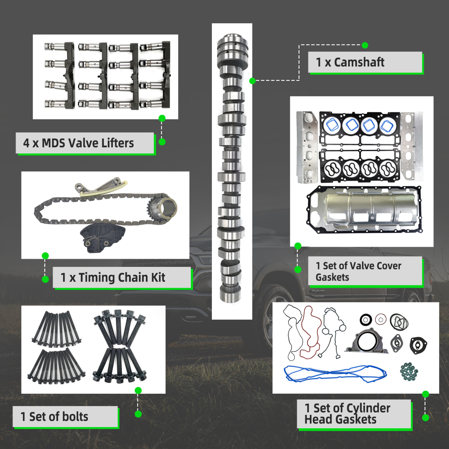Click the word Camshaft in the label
click(359, 62)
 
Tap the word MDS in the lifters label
click(53, 143)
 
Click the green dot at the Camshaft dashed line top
click(365, 45)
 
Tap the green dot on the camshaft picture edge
click(252, 81)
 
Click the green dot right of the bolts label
click(138, 414)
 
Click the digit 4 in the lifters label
click(26, 143)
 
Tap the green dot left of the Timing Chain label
click(45, 279)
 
